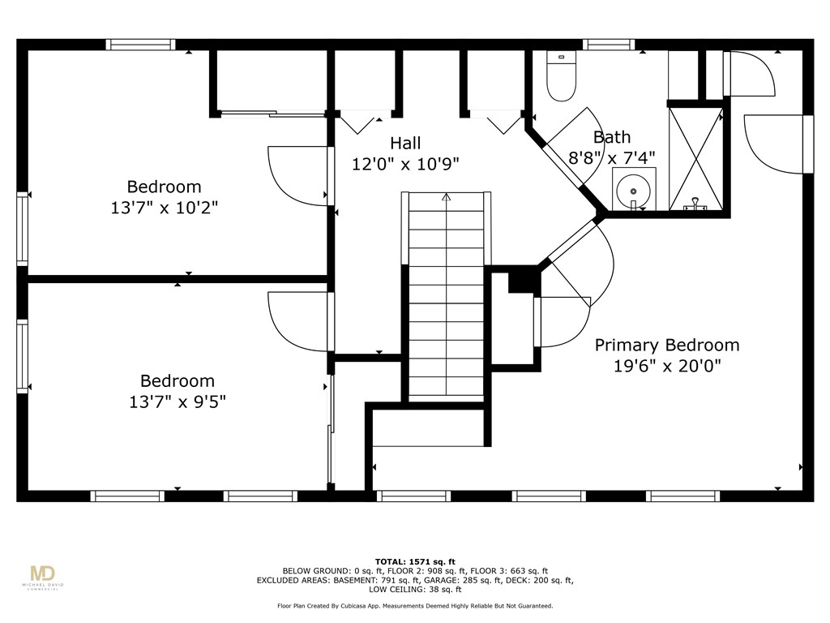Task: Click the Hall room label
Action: (x=405, y=144)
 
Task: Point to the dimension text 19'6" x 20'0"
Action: (x=667, y=366)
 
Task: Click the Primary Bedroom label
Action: (x=667, y=345)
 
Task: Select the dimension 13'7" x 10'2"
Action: (x=164, y=208)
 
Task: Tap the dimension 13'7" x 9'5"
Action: (x=178, y=402)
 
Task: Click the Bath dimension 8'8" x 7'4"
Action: (x=611, y=158)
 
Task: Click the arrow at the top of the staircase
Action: (x=447, y=197)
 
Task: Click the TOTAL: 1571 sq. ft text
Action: (x=415, y=561)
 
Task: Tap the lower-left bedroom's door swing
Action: (x=297, y=320)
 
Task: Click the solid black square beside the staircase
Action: (x=523, y=280)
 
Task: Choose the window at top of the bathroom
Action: (x=609, y=45)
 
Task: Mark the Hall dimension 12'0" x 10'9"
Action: (x=405, y=165)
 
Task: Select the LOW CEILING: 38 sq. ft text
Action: (x=415, y=590)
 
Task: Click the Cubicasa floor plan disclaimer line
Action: (x=415, y=606)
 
